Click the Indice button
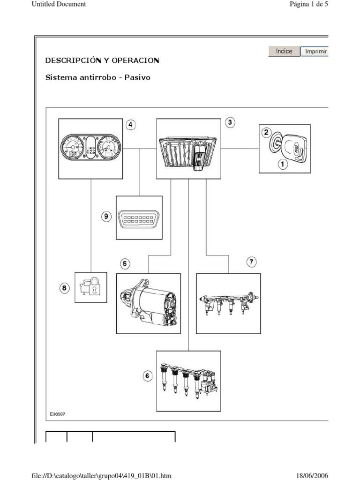click(284, 51)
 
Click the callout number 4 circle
click(130, 125)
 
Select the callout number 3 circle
click(230, 123)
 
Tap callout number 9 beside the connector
click(106, 216)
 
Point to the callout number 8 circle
click(65, 288)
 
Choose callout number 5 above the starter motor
click(125, 264)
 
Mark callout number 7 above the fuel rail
click(252, 262)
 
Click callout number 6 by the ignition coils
click(148, 375)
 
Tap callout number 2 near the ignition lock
click(266, 133)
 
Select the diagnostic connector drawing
click(139, 217)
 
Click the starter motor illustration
click(149, 303)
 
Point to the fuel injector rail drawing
click(228, 303)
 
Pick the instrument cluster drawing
click(91, 149)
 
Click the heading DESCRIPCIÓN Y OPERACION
click(102, 60)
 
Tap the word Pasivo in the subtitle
click(138, 77)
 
